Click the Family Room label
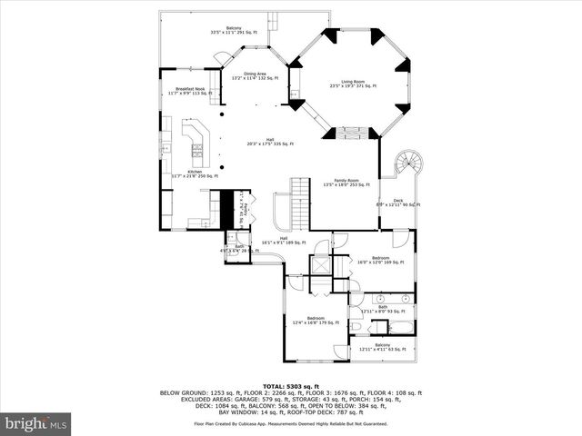coord(346,183)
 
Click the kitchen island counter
coord(196,142)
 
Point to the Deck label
coord(397,203)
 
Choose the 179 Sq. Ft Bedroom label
coord(315,320)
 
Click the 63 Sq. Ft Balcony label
coord(383,347)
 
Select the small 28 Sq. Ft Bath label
coord(238,248)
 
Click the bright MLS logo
coord(36,423)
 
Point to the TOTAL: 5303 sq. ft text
coord(290,386)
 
